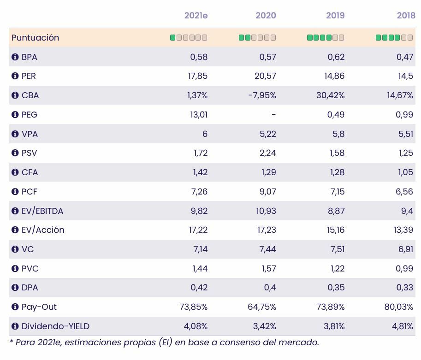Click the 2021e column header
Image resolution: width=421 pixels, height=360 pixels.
(x=196, y=16)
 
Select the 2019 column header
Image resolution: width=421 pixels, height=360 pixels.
(x=335, y=16)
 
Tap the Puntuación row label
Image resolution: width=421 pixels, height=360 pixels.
(x=36, y=38)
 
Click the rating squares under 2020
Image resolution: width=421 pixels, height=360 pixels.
(x=257, y=38)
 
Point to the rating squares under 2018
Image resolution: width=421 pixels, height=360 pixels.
(x=394, y=38)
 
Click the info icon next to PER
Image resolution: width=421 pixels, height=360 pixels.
(x=15, y=76)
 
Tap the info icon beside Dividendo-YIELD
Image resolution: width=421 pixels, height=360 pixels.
(x=15, y=326)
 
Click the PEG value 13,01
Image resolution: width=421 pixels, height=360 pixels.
(x=199, y=115)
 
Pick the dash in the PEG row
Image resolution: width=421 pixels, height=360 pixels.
(x=274, y=115)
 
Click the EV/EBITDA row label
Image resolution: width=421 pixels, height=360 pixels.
(x=42, y=211)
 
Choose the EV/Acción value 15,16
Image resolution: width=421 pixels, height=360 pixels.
(x=335, y=230)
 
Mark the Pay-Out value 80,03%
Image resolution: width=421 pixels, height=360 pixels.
(x=399, y=307)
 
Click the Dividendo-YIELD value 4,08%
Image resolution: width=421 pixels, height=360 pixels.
(x=196, y=326)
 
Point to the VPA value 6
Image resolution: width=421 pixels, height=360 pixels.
(x=205, y=134)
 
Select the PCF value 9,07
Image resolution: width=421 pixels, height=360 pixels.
(x=267, y=192)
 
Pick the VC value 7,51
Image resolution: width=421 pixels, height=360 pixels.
(x=336, y=249)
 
